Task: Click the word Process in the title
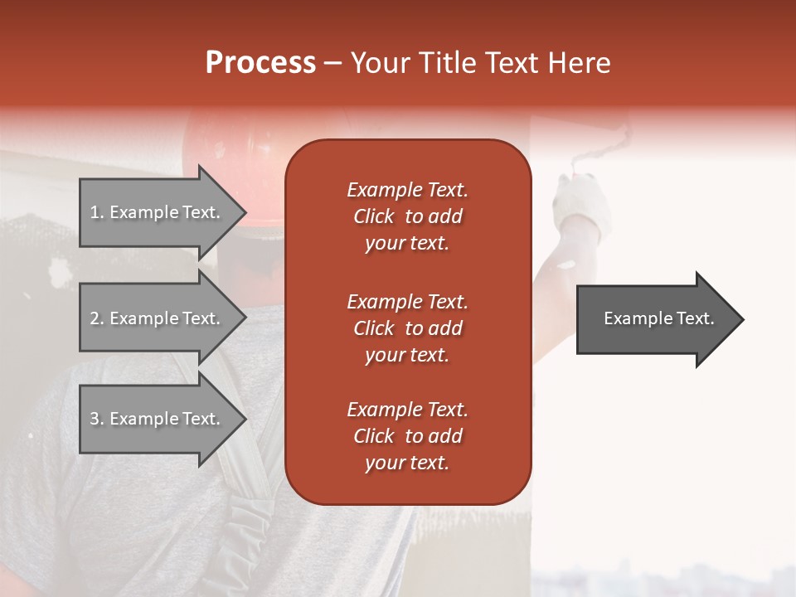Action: point(260,63)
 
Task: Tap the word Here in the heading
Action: point(578,63)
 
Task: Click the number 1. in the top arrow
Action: point(97,212)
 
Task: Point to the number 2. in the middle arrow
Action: point(97,318)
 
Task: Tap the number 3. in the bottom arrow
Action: point(97,419)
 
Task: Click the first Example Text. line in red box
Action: point(407,190)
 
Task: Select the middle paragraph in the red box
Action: point(407,328)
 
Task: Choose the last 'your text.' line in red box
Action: point(407,464)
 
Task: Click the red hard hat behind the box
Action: point(240,145)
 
